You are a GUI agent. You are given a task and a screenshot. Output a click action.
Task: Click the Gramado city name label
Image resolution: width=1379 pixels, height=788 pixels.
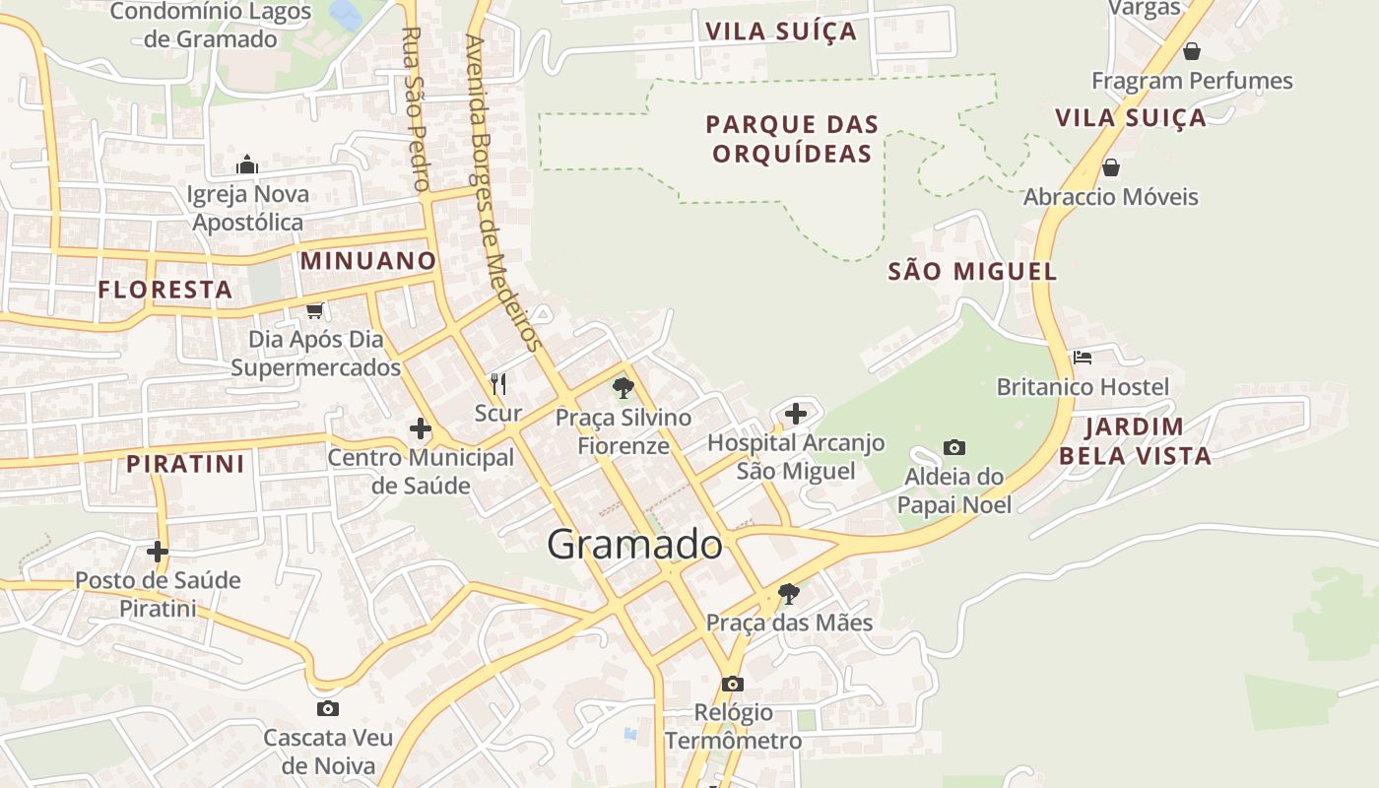(634, 545)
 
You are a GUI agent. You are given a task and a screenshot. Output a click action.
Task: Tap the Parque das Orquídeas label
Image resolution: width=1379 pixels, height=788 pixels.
(791, 139)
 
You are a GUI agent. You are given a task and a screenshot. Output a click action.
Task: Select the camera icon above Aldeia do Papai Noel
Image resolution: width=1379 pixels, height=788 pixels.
(953, 448)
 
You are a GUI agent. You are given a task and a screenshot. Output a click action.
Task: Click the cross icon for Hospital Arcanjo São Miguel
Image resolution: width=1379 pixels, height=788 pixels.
(796, 414)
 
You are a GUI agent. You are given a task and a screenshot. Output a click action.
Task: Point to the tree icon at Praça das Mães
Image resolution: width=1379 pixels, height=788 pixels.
(788, 593)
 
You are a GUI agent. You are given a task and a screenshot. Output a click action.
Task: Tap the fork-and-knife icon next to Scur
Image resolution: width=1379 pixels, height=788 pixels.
(498, 384)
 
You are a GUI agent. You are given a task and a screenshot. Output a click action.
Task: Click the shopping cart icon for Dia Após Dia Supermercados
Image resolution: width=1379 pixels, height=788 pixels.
(314, 311)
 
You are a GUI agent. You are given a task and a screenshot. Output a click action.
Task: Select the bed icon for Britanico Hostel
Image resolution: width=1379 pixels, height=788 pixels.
(1083, 357)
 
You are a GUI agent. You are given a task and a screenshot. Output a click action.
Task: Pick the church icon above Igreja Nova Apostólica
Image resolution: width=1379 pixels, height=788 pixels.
(247, 164)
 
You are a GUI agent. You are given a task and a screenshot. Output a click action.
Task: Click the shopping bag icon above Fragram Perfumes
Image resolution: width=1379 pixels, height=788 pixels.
(1192, 51)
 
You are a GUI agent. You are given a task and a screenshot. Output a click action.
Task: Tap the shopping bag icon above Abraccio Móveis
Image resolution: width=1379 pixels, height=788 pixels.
(1110, 167)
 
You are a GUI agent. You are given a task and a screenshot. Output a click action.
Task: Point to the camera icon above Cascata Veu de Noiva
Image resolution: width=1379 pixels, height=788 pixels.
(327, 708)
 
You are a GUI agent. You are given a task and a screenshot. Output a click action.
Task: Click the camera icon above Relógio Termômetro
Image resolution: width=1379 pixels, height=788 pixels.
(732, 684)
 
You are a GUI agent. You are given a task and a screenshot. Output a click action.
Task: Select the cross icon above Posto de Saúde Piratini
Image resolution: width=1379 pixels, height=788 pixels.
(158, 551)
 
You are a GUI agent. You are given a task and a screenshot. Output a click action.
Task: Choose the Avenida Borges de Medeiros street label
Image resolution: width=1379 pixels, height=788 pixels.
(503, 192)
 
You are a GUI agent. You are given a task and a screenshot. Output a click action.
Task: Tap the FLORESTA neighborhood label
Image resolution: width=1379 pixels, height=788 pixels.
(165, 290)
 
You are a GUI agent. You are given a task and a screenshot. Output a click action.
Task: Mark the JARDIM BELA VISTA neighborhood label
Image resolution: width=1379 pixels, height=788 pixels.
(1134, 441)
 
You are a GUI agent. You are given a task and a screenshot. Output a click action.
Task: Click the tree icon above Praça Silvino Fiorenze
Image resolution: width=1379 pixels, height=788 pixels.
(623, 387)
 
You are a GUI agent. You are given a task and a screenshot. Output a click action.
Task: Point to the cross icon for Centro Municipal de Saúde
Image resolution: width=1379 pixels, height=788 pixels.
(421, 428)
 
